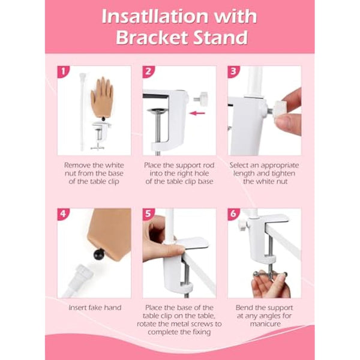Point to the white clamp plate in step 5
(x=191, y=243)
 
